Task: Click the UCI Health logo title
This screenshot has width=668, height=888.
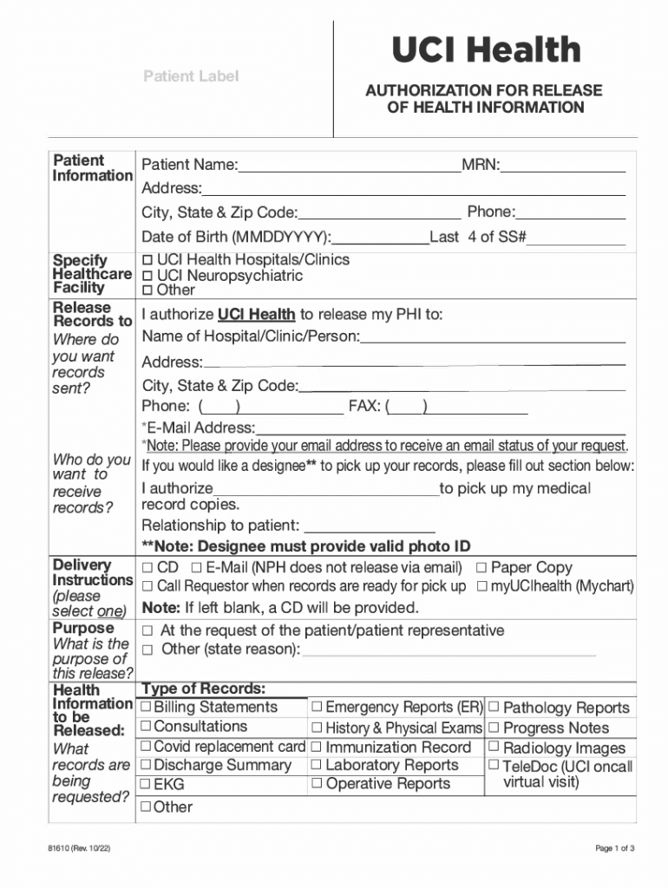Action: (485, 50)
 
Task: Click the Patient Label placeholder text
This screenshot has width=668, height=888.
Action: (190, 76)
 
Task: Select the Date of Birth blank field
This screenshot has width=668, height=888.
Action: (381, 238)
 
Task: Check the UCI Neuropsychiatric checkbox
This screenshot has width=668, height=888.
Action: (147, 276)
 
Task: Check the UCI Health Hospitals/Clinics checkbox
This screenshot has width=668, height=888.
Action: (147, 259)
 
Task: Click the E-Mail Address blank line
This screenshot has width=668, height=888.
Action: (441, 428)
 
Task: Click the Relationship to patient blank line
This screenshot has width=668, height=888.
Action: (370, 526)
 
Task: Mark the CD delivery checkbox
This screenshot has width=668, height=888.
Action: (147, 568)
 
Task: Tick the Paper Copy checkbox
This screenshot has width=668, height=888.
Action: (481, 568)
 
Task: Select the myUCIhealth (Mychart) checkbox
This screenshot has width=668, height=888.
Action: (481, 587)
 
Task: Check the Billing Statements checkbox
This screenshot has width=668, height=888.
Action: (146, 708)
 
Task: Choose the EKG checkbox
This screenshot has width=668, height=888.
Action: (146, 785)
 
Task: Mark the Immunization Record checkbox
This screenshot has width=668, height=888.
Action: (318, 748)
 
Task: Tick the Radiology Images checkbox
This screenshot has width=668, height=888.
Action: (494, 748)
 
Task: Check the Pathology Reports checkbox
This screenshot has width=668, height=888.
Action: (494, 708)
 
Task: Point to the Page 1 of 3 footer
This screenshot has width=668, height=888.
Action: (615, 848)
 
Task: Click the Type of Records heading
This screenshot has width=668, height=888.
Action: (203, 689)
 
